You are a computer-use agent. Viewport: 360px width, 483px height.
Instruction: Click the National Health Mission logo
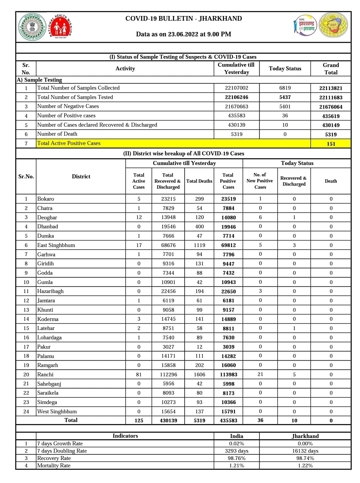pyautogui.click(x=60, y=27)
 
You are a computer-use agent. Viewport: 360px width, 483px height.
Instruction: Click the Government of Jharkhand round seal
pyautogui.click(x=32, y=27)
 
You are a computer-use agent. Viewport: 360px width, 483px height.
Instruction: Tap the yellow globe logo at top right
pyautogui.click(x=333, y=25)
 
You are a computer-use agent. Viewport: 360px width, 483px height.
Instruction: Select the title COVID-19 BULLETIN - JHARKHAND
pyautogui.click(x=183, y=19)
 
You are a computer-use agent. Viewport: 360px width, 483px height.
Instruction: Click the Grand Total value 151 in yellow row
pyautogui.click(x=331, y=144)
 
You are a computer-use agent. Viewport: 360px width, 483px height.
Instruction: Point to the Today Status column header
pyautogui.click(x=285, y=68)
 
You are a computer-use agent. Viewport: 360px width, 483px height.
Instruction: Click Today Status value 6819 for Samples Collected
pyautogui.click(x=285, y=88)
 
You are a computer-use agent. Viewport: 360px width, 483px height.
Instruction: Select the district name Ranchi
pyautogui.click(x=45, y=374)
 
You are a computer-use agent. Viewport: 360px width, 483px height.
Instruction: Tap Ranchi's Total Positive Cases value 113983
pyautogui.click(x=228, y=375)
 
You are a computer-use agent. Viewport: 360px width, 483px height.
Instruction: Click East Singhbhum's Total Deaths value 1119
pyautogui.click(x=199, y=245)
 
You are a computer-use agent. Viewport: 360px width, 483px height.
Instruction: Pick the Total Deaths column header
pyautogui.click(x=199, y=181)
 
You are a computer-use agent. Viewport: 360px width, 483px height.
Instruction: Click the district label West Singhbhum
pyautogui.click(x=57, y=411)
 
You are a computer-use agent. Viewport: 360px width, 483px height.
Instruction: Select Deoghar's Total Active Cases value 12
pyautogui.click(x=139, y=217)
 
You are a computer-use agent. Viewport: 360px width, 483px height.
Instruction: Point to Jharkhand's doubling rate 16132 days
pyautogui.click(x=305, y=451)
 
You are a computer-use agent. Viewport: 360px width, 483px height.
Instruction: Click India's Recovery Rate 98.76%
pyautogui.click(x=236, y=458)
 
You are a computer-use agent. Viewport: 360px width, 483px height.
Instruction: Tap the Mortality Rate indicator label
pyautogui.click(x=54, y=465)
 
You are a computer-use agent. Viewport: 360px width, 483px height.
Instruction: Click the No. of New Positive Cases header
pyautogui.click(x=260, y=181)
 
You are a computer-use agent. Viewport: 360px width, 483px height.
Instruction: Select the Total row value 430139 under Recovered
pyautogui.click(x=168, y=420)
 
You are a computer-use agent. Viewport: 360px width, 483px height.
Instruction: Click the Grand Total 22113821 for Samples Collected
pyautogui.click(x=331, y=88)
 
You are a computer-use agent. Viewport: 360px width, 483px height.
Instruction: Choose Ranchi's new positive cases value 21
pyautogui.click(x=260, y=374)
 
